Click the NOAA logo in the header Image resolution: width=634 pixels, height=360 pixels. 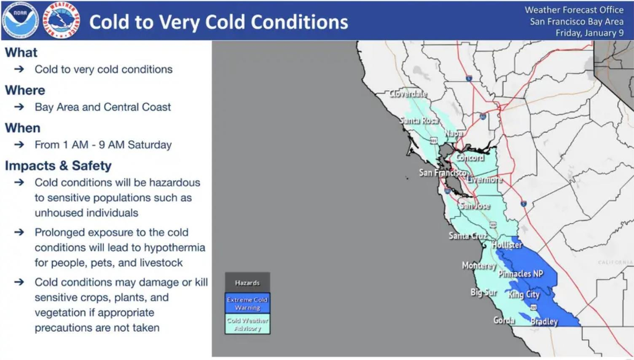pos(20,20)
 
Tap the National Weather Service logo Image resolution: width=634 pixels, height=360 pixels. pos(61,20)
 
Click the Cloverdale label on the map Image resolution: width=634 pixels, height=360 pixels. pos(408,93)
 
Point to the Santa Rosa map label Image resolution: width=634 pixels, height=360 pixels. pos(419,120)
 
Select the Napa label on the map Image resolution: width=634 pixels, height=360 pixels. pos(454,133)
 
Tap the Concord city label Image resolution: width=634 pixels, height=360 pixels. pos(469,158)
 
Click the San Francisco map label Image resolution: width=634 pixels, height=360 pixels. pos(443,173)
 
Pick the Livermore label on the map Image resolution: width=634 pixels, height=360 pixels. pos(484,180)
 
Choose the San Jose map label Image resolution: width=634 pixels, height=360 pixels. pos(475,206)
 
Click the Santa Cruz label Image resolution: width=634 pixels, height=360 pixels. pos(468,236)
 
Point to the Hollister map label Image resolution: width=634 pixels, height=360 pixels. pos(507,245)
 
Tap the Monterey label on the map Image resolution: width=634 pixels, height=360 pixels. pos(479,266)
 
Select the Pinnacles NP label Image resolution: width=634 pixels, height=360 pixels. pos(520,274)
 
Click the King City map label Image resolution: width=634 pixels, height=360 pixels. pos(524,295)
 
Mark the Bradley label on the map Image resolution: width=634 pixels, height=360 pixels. pos(544,321)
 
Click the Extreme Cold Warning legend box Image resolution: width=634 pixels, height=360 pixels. pos(247,303)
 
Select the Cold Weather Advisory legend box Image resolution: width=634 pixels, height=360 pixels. pos(247,324)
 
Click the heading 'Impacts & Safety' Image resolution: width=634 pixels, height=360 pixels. pos(58,166)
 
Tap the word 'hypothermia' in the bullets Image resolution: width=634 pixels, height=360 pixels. pos(174,248)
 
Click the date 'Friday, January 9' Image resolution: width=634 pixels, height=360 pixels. pos(589,33)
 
